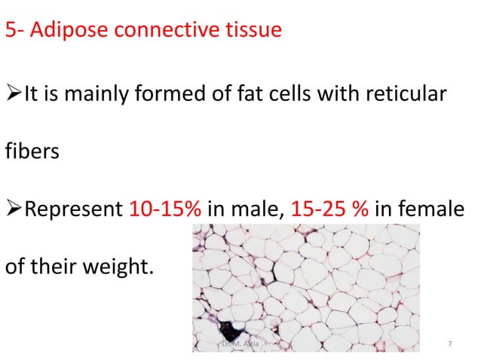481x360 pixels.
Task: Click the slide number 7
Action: [450, 344]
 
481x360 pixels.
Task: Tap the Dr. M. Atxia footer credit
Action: [241, 344]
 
